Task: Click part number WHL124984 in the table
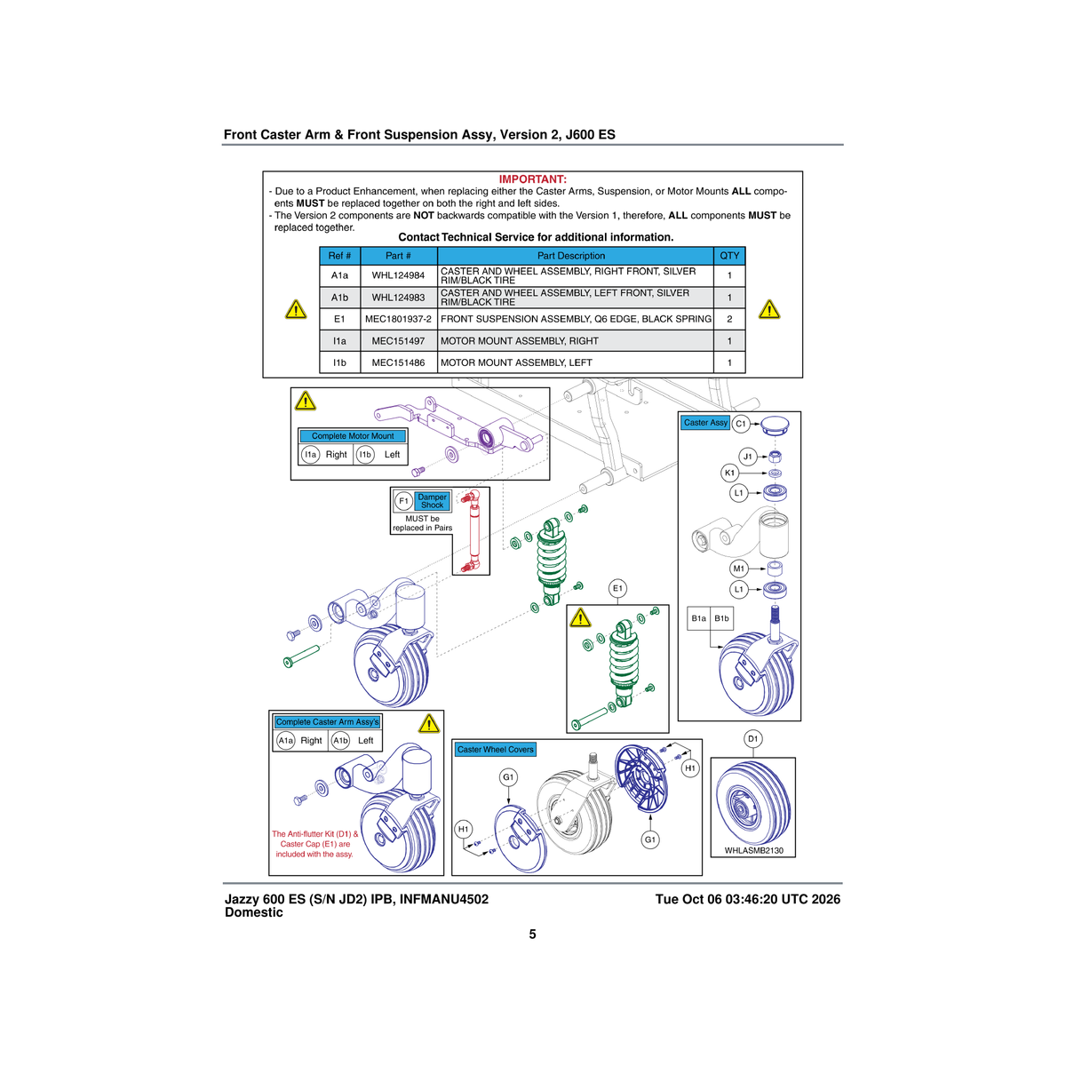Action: [x=398, y=275]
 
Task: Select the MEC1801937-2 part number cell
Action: [x=398, y=319]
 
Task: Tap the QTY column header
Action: [x=729, y=256]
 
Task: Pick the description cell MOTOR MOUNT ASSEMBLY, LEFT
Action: [x=576, y=363]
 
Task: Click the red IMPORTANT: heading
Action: [x=533, y=179]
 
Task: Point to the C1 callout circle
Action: [x=741, y=424]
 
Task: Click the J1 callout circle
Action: [x=748, y=457]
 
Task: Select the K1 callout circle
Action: [x=729, y=473]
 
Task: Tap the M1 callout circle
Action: [x=738, y=569]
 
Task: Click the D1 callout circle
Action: [x=753, y=738]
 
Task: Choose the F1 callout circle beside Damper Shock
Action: [x=404, y=501]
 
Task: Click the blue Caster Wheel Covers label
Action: [x=495, y=750]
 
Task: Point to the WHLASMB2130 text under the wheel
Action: [x=753, y=850]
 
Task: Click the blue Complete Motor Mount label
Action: [x=353, y=436]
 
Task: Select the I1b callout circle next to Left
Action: [x=365, y=455]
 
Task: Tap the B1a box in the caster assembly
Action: [x=699, y=618]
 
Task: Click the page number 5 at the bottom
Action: [x=532, y=934]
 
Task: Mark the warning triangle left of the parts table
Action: [x=296, y=310]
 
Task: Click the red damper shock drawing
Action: [x=471, y=532]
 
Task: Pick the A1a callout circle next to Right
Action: [x=285, y=741]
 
